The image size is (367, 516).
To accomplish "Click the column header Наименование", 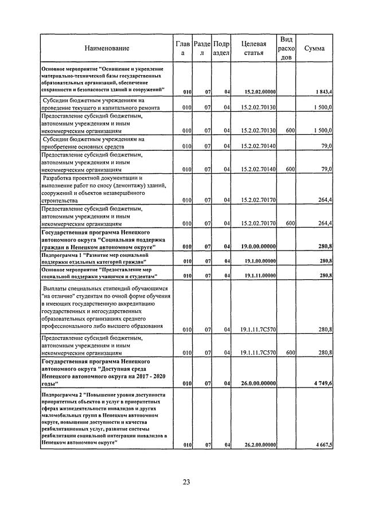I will (x=107, y=48).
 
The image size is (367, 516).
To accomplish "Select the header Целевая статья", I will (x=253, y=48).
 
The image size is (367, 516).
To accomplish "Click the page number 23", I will (x=186, y=481).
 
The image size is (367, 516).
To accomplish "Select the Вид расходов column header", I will (x=285, y=48).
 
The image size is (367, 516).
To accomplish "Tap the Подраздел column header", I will (x=221, y=48).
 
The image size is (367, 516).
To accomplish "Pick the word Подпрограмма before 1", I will (x=60, y=254).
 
